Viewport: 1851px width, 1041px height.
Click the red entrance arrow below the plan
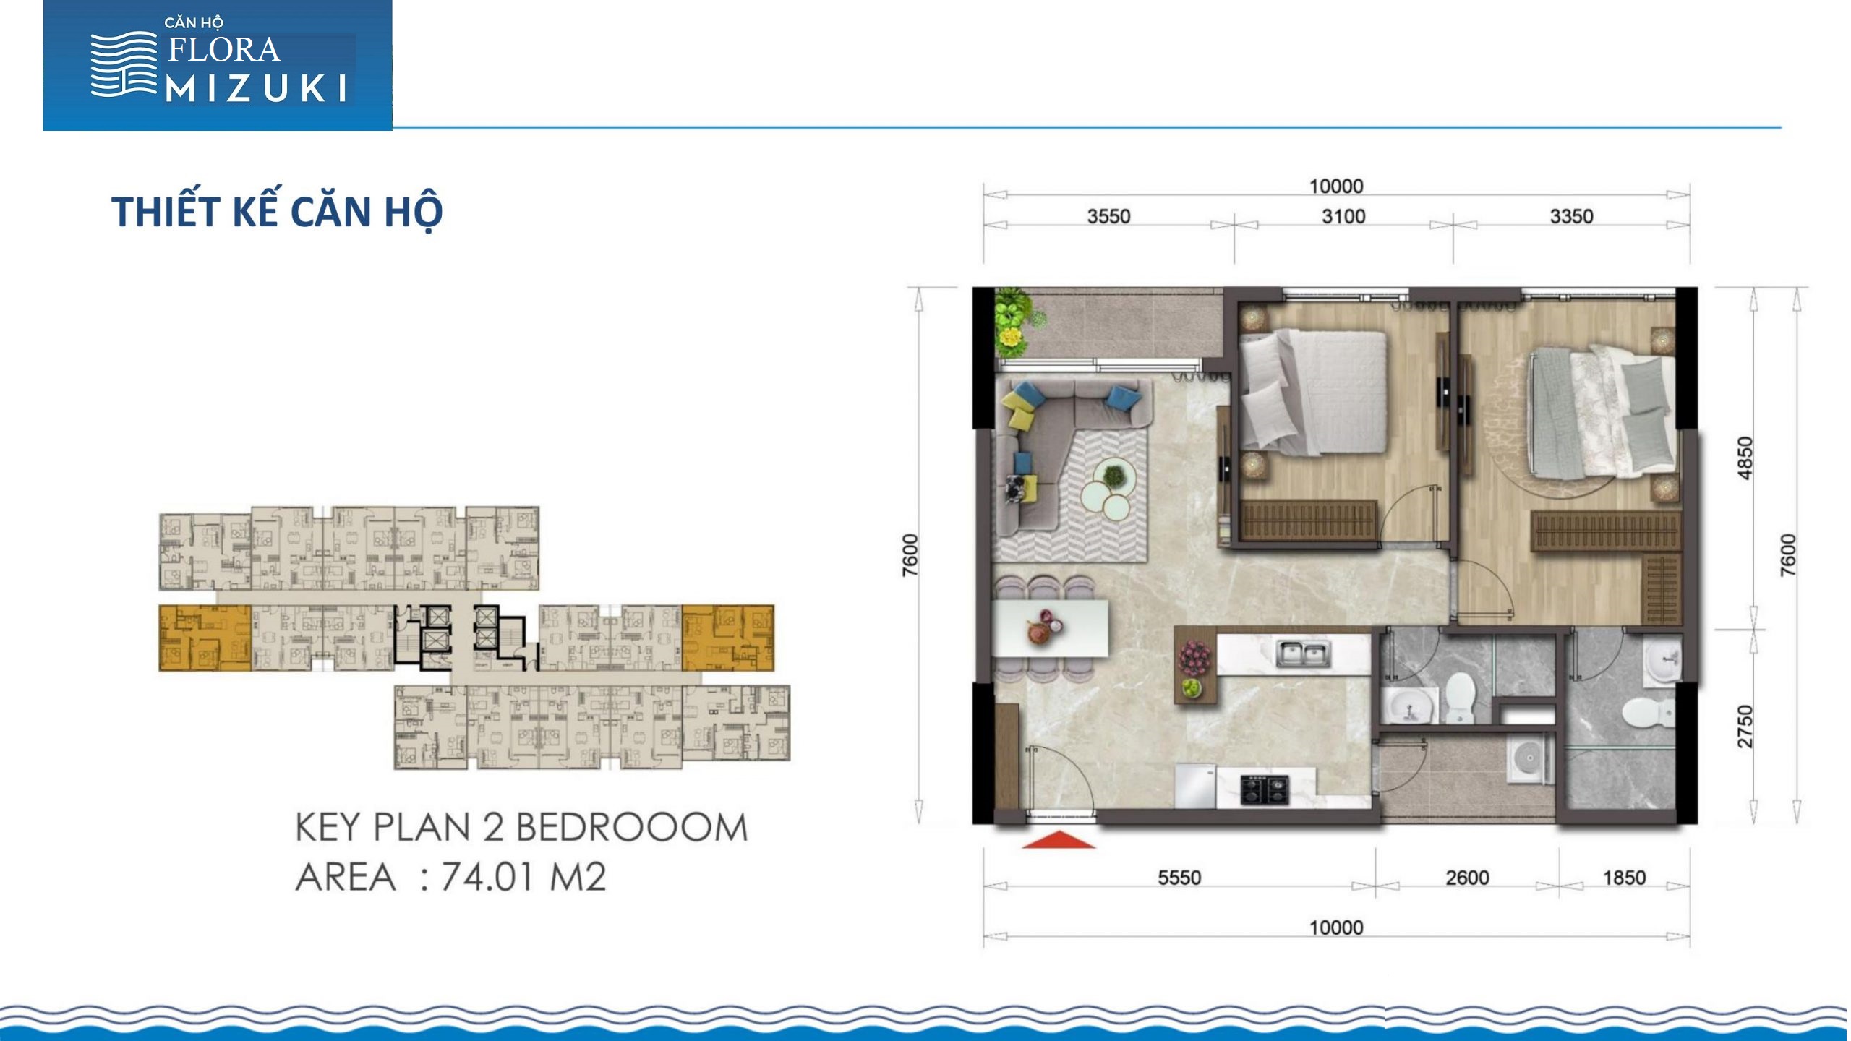(1059, 839)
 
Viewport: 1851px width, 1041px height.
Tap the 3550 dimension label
(1108, 216)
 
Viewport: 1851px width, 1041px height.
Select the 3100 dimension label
(1343, 216)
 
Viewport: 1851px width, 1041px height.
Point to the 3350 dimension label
(1572, 216)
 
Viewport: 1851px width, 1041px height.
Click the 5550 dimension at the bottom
(1179, 878)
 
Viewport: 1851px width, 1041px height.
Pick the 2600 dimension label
(1467, 878)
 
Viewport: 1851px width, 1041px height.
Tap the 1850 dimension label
(1625, 878)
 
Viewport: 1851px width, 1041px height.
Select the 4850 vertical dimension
(1745, 458)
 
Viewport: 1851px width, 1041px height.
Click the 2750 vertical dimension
(1745, 727)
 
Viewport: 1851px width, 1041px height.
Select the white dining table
(1049, 628)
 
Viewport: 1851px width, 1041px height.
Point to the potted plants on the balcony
(1016, 322)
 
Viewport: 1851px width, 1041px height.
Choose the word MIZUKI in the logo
(257, 90)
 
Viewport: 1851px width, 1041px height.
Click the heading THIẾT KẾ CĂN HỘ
(277, 211)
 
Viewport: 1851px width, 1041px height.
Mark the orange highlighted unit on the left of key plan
(205, 638)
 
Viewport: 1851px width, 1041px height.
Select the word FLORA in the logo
(224, 50)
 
